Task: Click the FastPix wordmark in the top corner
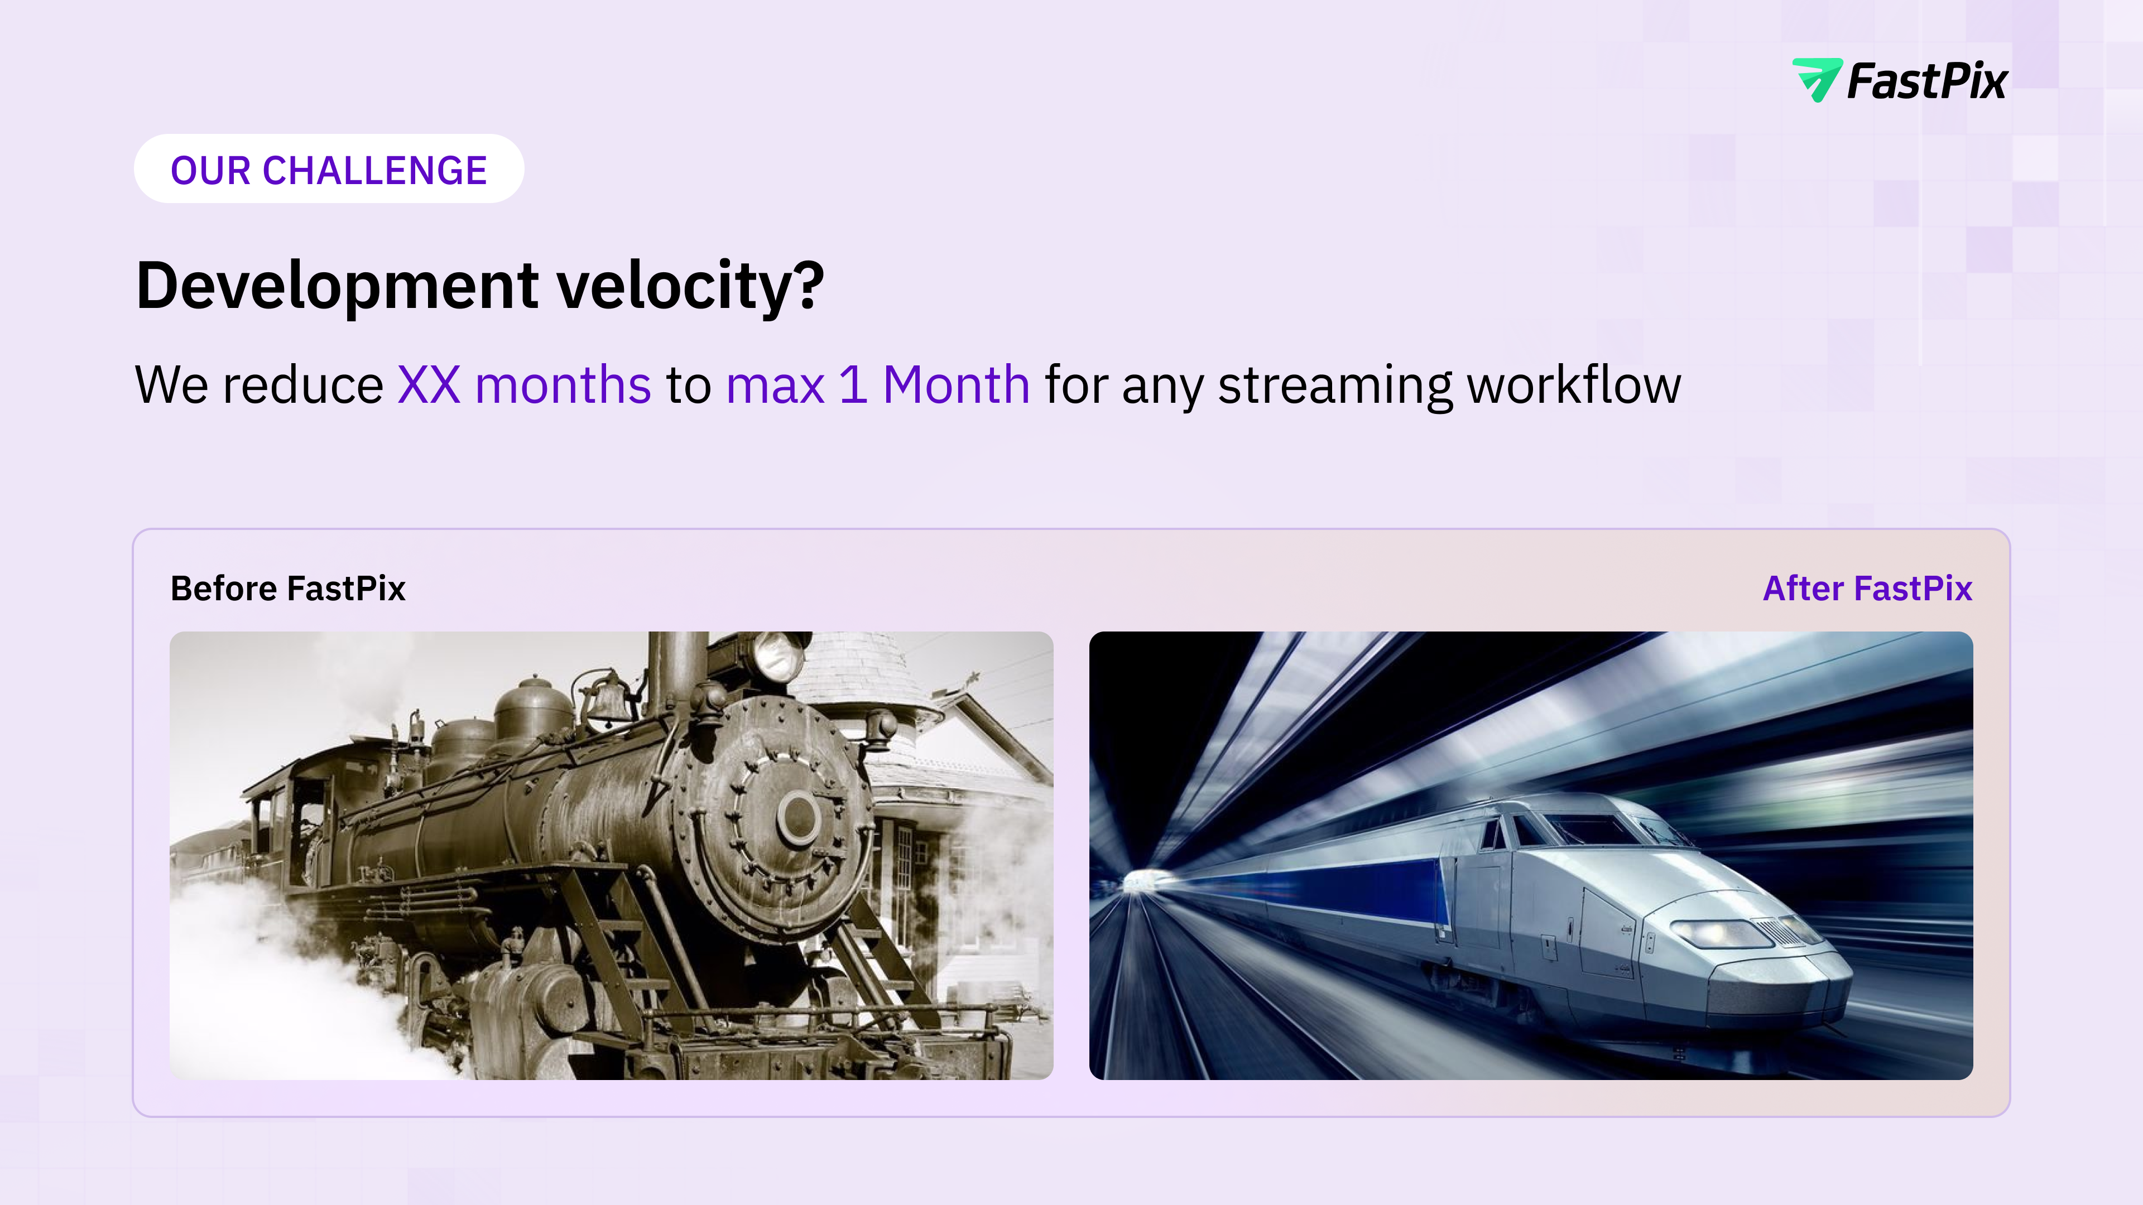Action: pos(1926,81)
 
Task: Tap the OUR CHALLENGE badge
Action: pos(329,169)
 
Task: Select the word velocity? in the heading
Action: pos(690,285)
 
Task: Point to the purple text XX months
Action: pos(524,384)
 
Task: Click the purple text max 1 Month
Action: pos(878,385)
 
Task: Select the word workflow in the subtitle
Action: pos(1574,384)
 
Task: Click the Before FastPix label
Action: pos(288,588)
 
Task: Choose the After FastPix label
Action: pos(1868,588)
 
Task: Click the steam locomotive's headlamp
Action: pos(778,657)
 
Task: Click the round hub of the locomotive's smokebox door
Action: pos(798,815)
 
